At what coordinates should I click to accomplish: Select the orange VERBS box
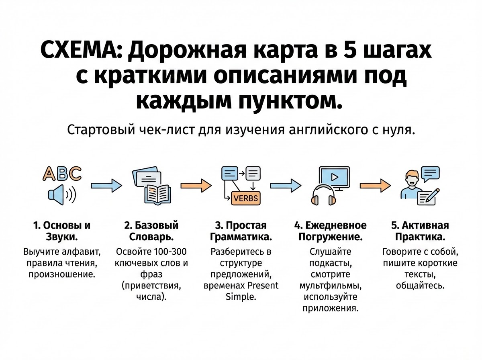[245, 198]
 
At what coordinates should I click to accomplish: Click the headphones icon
[324, 196]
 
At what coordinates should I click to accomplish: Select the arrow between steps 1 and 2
[106, 185]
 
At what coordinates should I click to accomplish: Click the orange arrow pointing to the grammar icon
[196, 185]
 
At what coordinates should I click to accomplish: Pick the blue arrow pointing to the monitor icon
[286, 185]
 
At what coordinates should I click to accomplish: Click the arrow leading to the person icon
[375, 185]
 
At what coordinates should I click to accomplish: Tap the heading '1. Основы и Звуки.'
[61, 231]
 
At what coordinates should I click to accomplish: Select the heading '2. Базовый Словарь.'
[151, 231]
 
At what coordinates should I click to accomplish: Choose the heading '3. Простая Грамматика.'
[241, 231]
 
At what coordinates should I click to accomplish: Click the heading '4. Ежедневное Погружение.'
[333, 231]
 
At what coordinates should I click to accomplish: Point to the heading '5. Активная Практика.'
[420, 231]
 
